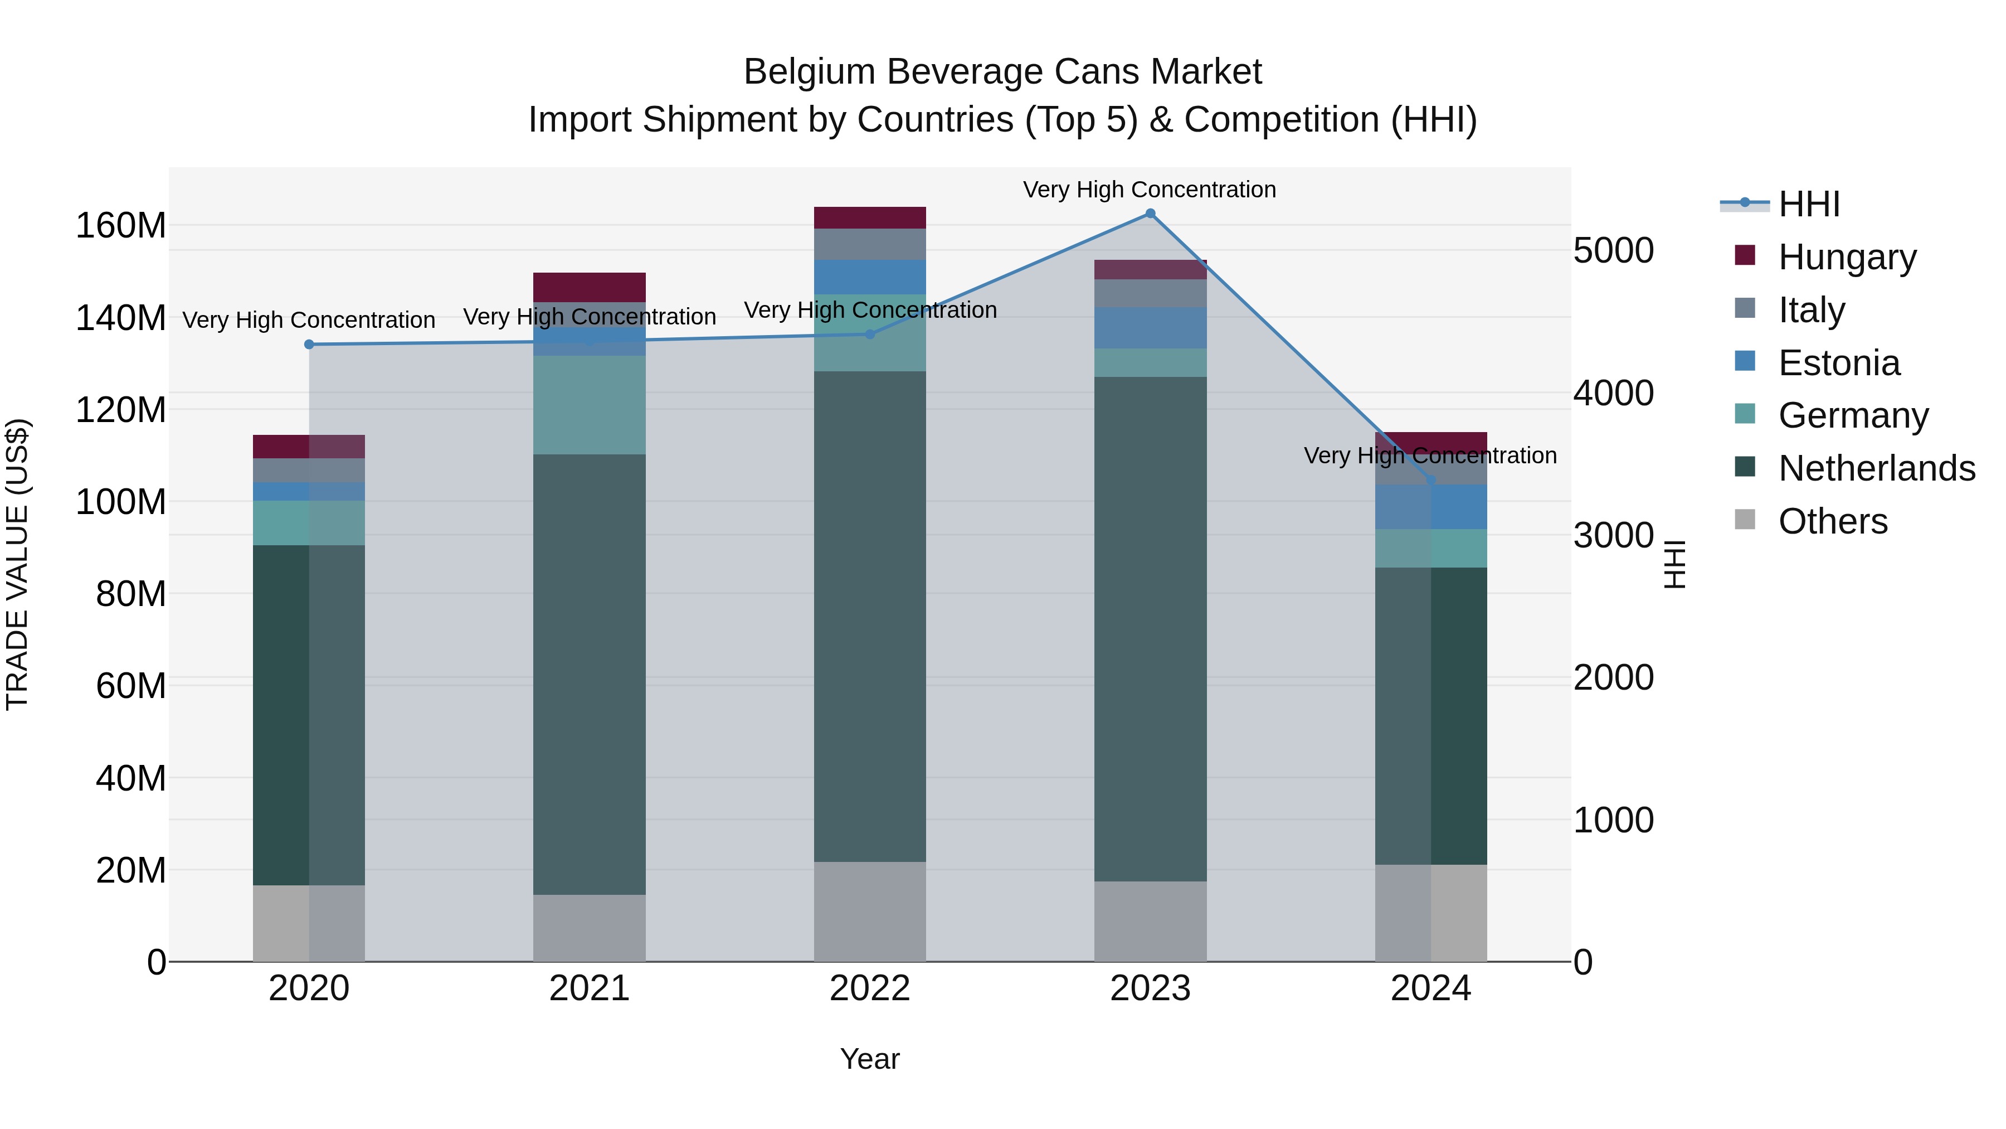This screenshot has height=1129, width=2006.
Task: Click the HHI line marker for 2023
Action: pos(1150,214)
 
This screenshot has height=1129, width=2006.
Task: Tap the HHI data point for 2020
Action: pos(309,345)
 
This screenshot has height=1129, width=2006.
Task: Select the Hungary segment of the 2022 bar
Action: pos(870,217)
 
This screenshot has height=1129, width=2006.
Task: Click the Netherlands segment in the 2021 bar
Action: pos(590,674)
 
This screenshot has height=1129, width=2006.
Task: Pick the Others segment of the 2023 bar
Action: pos(1150,921)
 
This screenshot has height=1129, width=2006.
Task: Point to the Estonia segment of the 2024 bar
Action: pos(1430,507)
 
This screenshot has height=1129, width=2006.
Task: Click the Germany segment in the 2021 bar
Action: pos(590,405)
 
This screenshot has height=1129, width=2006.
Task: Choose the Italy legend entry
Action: pos(1812,310)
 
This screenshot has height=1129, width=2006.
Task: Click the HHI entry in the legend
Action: pos(1809,204)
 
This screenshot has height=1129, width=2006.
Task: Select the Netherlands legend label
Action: pos(1877,468)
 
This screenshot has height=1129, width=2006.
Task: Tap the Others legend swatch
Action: pos(1745,520)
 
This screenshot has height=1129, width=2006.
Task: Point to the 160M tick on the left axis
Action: pos(121,226)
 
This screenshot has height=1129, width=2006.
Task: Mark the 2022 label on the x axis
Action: pos(870,989)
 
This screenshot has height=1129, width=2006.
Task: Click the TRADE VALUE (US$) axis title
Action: pos(17,564)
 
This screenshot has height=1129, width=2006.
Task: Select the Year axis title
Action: pos(870,1059)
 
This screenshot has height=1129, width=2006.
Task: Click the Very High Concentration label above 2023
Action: pos(1150,190)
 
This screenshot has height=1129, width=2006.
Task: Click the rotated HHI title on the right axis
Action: pos(1674,564)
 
